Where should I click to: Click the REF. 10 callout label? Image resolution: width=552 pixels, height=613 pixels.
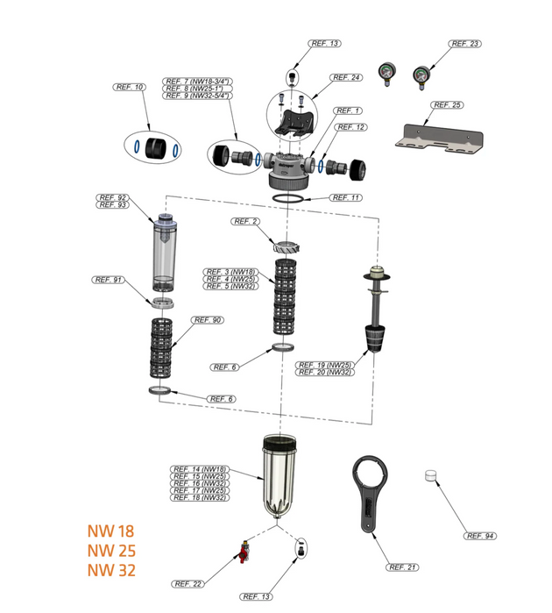pos(130,87)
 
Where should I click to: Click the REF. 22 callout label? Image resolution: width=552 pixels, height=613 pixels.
pos(188,584)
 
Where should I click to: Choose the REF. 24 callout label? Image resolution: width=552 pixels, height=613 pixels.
pos(345,77)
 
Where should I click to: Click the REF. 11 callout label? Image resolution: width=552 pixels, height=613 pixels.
pos(345,197)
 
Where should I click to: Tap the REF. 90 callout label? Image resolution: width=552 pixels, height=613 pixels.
pos(206,320)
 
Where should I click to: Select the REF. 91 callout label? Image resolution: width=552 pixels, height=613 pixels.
pos(108,280)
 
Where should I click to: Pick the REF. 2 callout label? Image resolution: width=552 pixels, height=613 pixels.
pos(245,222)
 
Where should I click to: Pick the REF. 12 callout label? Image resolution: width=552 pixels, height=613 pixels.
pos(349,127)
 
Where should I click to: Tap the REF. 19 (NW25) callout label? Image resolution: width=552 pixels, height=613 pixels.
pos(325,364)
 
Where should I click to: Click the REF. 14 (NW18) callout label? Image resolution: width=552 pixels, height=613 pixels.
pos(198,469)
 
